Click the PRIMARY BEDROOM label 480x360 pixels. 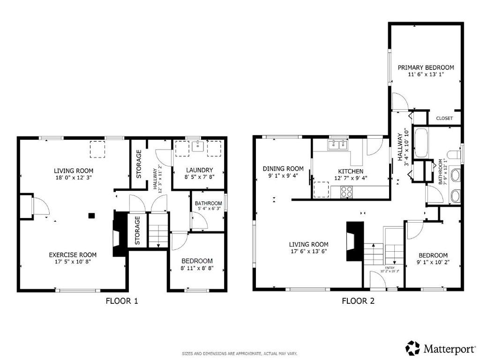(426, 67)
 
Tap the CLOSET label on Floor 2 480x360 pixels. (444, 118)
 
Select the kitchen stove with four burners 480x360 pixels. (346, 191)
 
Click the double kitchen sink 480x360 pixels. (338, 145)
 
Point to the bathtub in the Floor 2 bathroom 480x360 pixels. (420, 142)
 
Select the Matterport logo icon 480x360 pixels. (412, 348)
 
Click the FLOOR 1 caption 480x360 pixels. (121, 301)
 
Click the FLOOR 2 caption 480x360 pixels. (358, 301)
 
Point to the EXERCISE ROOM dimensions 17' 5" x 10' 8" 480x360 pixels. (69, 262)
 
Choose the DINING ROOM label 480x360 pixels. (283, 169)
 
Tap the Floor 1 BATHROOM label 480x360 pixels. (208, 203)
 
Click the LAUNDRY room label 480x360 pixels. (199, 170)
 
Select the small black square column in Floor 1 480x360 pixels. (92, 216)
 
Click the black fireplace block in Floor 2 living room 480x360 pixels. (352, 240)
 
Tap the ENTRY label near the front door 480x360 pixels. (390, 268)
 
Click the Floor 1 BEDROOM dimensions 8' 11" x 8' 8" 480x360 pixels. (197, 269)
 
